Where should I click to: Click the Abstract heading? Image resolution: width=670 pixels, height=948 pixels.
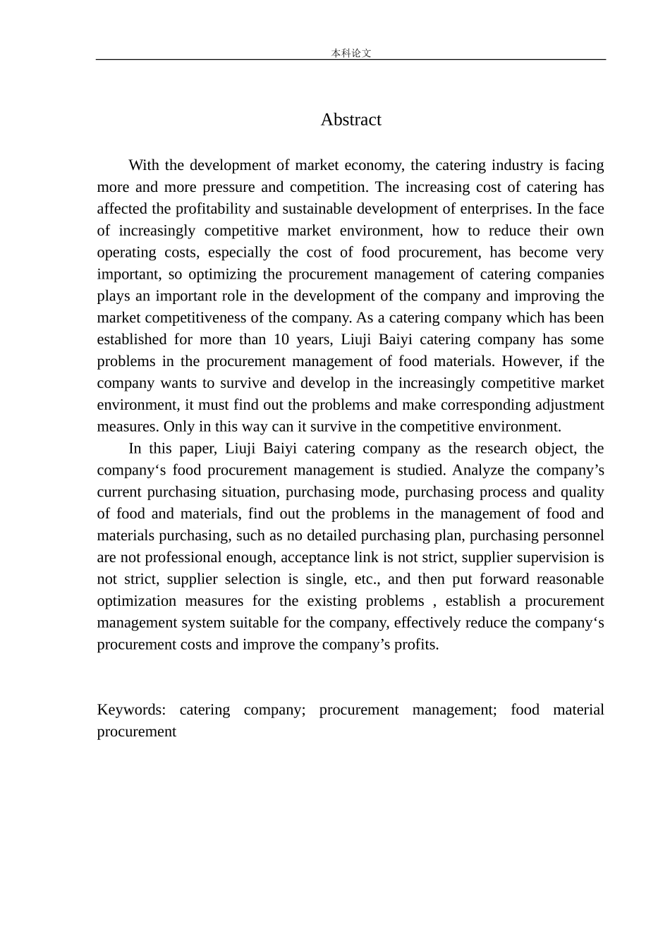(351, 120)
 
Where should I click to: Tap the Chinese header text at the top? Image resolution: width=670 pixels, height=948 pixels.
(351, 53)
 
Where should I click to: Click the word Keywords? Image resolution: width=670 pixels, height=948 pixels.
(130, 710)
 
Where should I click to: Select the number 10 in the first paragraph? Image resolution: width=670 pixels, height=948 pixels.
(281, 339)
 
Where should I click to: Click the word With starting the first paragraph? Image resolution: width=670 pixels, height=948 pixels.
(144, 165)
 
